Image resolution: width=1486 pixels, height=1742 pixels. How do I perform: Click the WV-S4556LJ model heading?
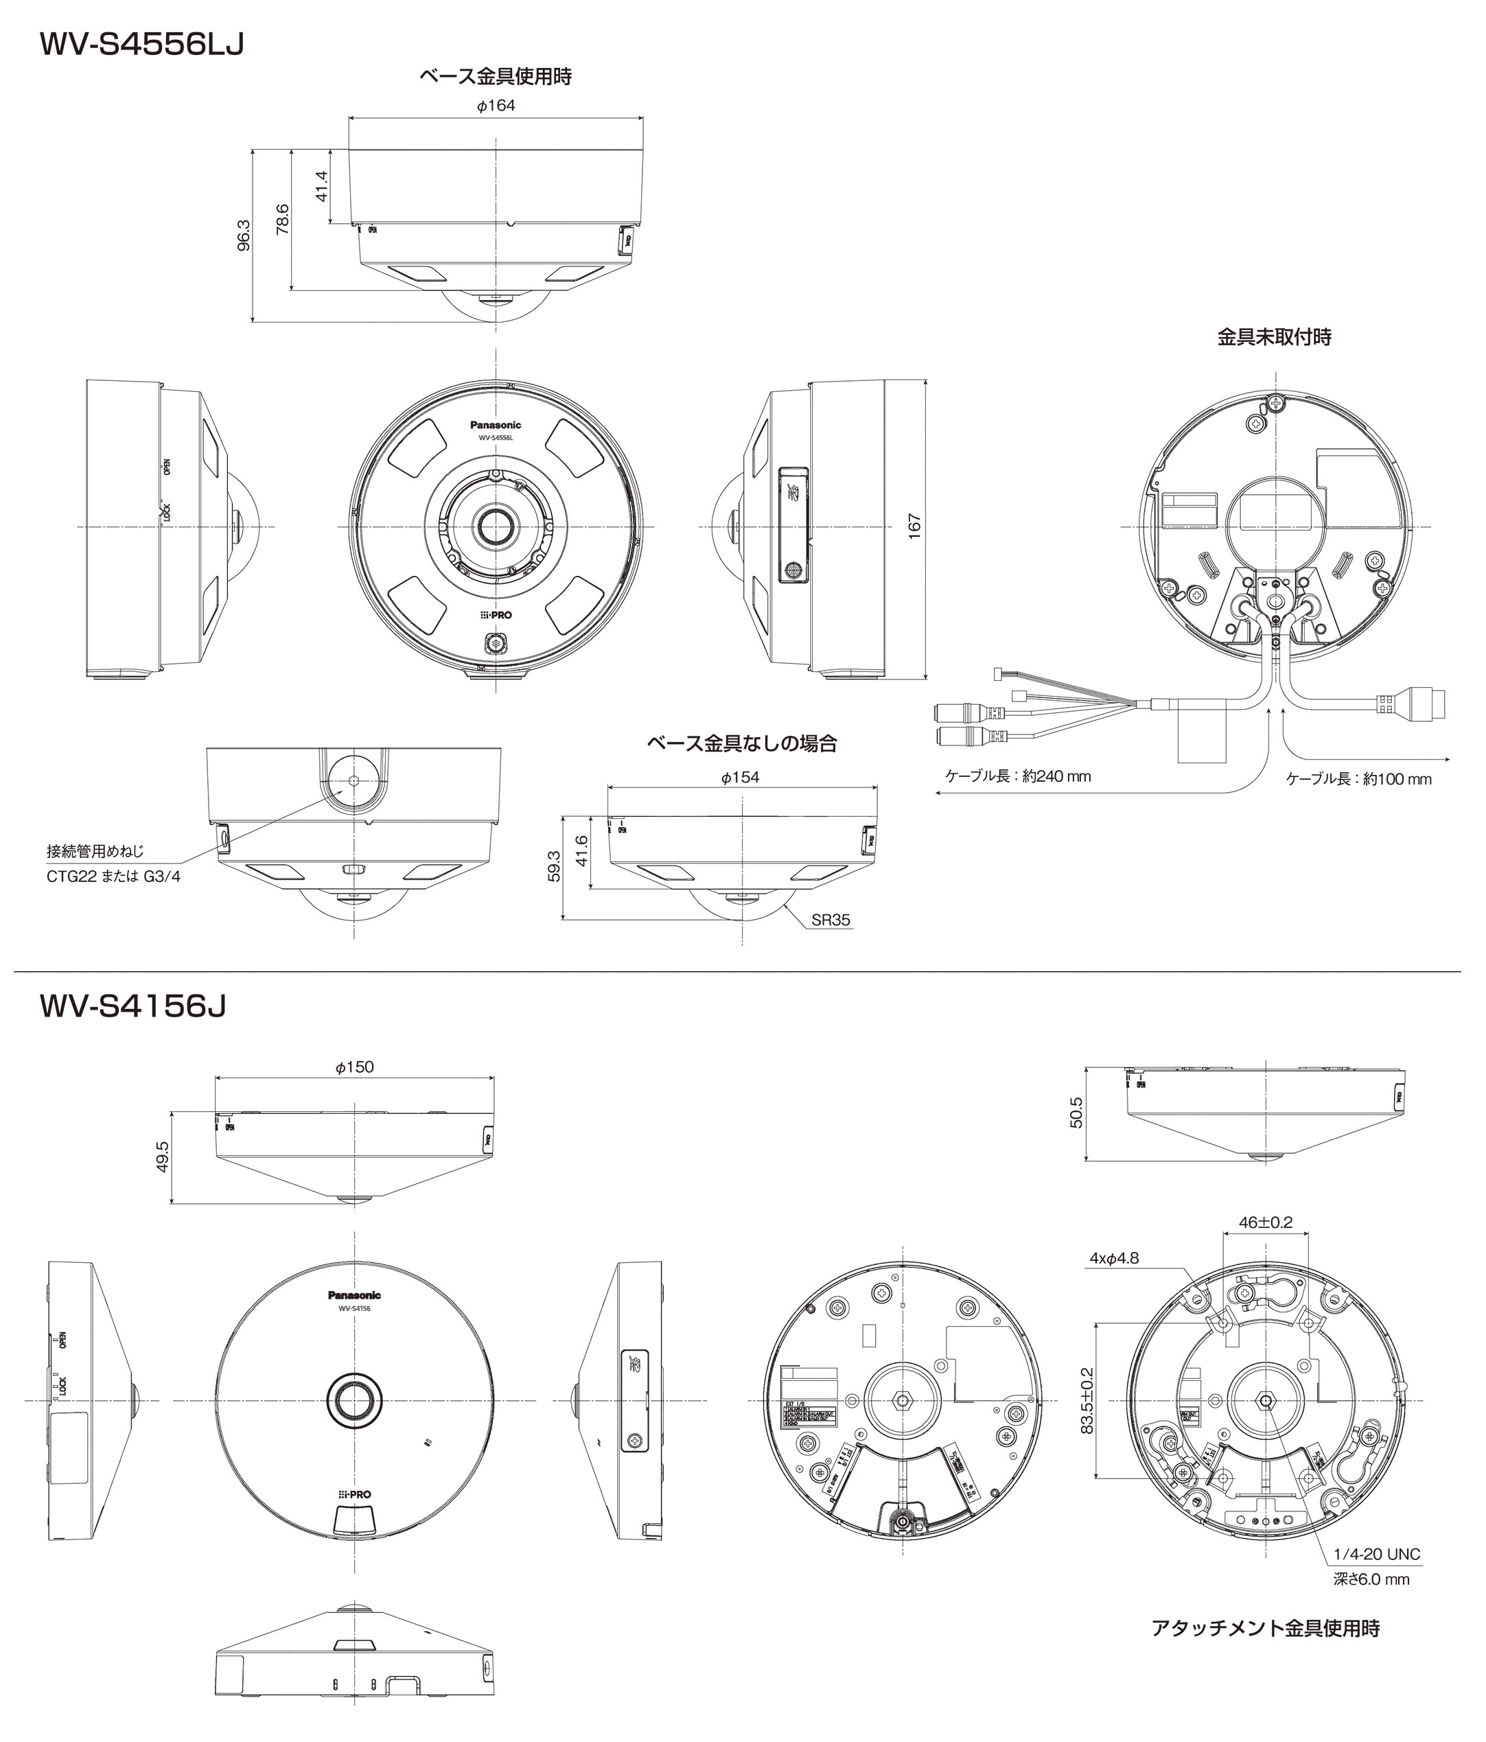(x=141, y=45)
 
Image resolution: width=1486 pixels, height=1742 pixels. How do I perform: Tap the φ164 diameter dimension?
(x=496, y=106)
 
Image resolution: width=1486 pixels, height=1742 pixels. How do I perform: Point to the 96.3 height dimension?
(x=244, y=235)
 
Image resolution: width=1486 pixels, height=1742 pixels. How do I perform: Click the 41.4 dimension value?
(x=321, y=186)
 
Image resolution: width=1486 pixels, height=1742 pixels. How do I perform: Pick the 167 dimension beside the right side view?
(x=915, y=526)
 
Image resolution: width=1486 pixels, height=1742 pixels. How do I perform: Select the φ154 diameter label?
(x=740, y=778)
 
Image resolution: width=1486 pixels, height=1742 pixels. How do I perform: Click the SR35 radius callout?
(x=831, y=920)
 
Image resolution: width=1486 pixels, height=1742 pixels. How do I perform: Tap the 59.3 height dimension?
(x=553, y=867)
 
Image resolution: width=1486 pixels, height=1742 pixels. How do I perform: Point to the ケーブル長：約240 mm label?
(x=1019, y=776)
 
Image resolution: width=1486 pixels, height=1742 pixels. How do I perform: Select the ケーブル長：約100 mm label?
(x=1358, y=779)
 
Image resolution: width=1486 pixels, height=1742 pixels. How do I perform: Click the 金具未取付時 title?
(x=1274, y=337)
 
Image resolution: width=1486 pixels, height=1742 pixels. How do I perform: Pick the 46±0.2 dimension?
(x=1265, y=1222)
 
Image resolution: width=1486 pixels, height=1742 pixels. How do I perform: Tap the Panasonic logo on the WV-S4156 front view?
(x=354, y=1294)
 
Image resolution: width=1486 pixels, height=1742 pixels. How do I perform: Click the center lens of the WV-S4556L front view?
(x=496, y=526)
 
